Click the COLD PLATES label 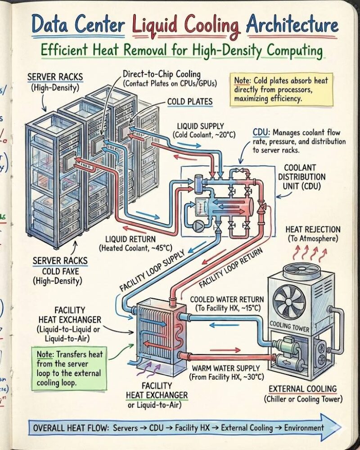click(x=189, y=102)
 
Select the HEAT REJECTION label click(x=313, y=230)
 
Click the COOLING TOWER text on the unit click(x=289, y=326)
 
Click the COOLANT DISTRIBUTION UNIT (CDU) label click(x=301, y=177)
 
